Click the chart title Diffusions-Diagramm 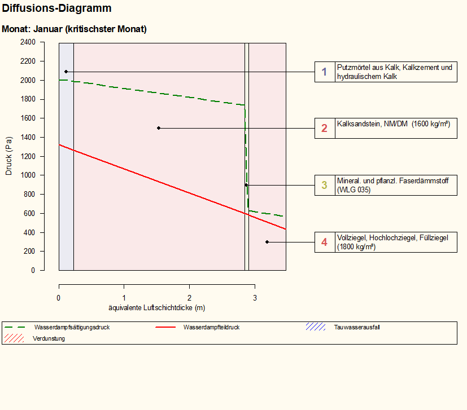[56, 8]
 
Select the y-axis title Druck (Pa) [8, 156]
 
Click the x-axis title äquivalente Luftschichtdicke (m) [156, 308]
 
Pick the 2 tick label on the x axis [190, 297]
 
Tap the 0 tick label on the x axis [59, 297]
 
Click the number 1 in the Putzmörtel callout [324, 72]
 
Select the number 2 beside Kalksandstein [324, 129]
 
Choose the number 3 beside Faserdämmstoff [324, 185]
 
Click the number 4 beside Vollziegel [324, 242]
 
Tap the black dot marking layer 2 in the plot [159, 128]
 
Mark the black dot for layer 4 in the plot [267, 242]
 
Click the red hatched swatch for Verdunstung [14, 338]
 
